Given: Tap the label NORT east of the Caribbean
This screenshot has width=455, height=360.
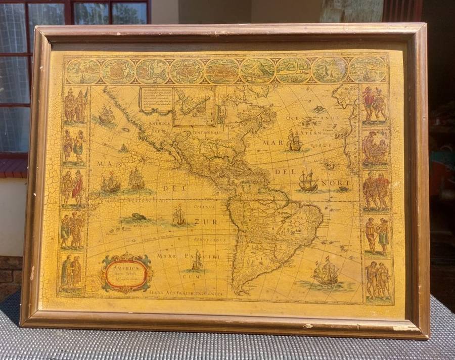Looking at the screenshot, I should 341,183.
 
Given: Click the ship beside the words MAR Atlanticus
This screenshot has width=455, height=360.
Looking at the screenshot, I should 295,141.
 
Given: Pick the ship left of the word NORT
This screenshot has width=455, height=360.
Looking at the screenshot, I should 307,181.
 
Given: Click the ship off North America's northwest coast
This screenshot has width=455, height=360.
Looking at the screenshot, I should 106,115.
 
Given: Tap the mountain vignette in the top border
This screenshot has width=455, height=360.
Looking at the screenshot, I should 257,71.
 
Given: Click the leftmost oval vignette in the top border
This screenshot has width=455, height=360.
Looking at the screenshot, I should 83,71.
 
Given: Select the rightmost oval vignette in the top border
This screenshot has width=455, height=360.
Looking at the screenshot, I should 367,70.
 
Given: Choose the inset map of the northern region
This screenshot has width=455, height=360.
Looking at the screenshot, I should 194,106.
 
